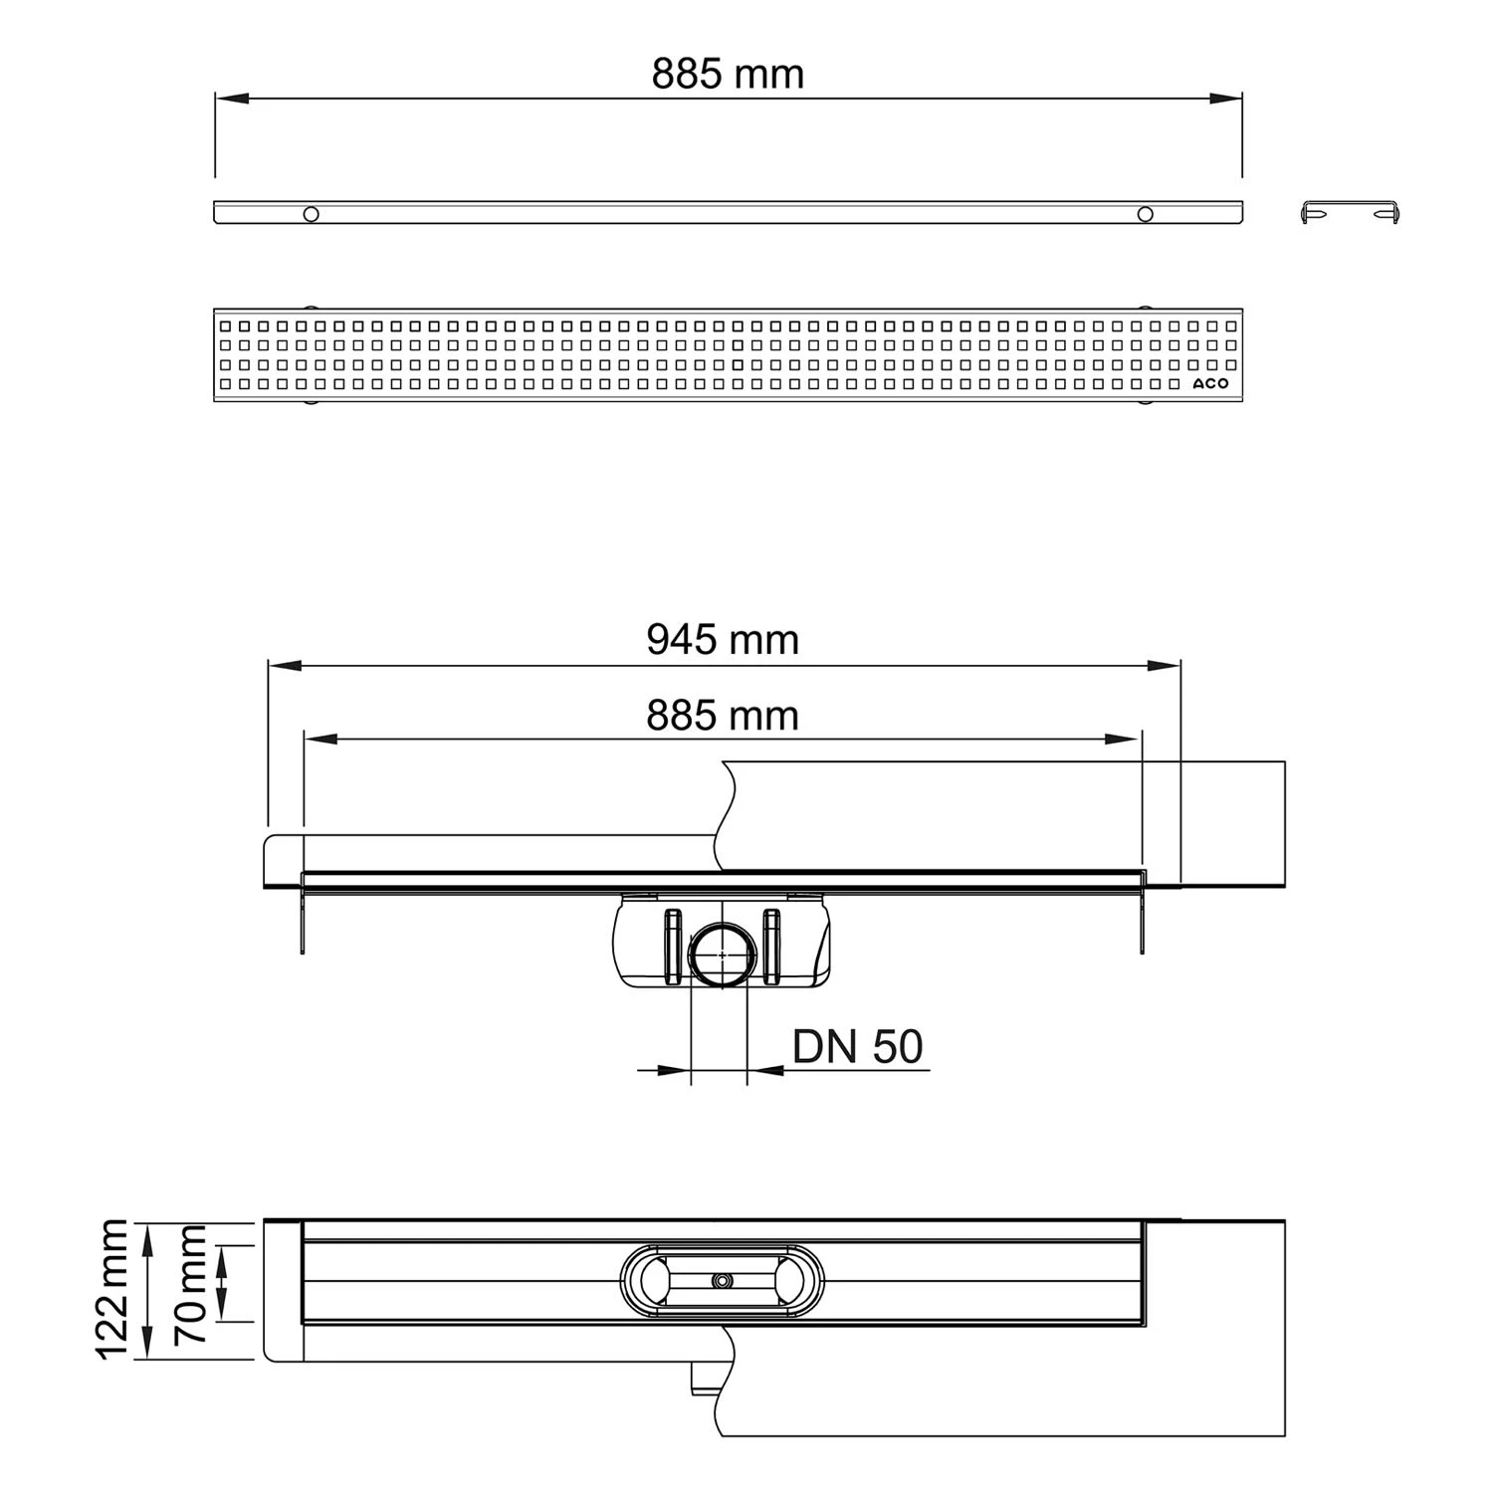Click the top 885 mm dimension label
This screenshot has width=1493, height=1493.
point(728,75)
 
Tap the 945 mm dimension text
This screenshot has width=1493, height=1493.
point(723,640)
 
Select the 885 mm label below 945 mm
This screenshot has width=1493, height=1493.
point(723,716)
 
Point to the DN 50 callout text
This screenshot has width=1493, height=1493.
point(857,1046)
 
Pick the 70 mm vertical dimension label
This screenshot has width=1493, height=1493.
point(189,1284)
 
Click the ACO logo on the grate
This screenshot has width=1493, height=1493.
point(1211,383)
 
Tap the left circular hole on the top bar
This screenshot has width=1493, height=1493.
point(312,214)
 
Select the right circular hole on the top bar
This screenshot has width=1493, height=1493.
point(1146,214)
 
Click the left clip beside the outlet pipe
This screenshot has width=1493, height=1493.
point(671,947)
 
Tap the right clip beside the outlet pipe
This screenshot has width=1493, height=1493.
point(772,947)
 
